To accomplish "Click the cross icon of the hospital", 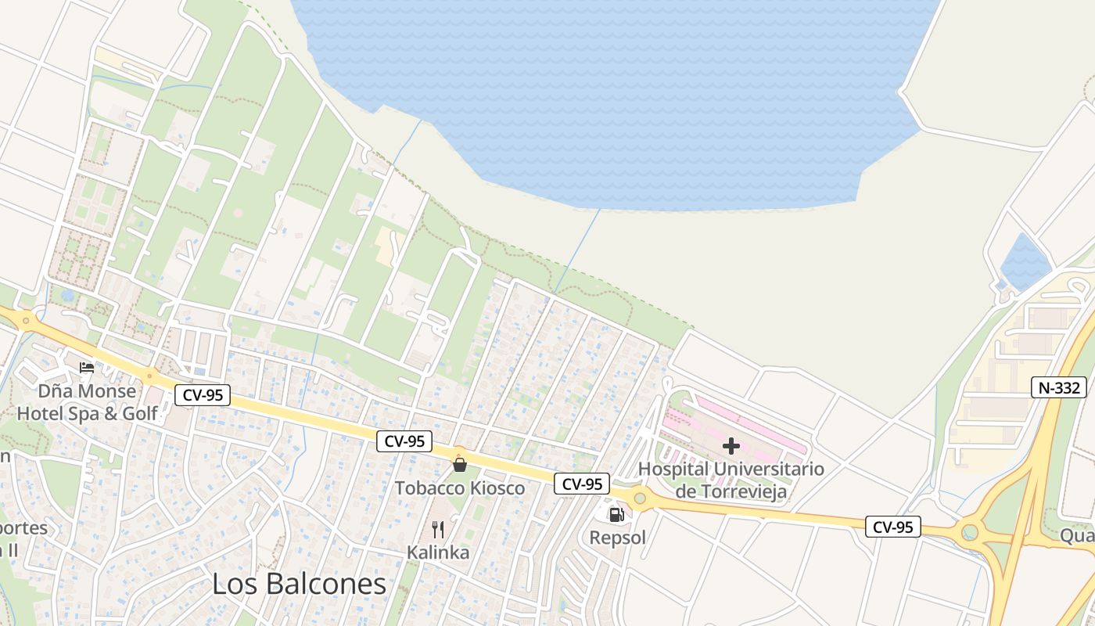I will coord(731,446).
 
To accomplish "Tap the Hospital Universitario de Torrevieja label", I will coord(731,480).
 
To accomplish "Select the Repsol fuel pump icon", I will coord(617,514).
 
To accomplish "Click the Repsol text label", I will coord(618,538).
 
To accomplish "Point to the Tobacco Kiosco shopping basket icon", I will coord(460,465).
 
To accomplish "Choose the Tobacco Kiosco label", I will coord(460,488).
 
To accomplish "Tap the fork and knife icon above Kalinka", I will coord(438,530).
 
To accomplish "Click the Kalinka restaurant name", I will coord(438,552).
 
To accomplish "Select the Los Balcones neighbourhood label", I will coord(300,584).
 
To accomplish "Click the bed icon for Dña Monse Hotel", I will coord(87,367).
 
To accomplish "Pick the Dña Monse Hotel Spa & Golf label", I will coord(88,402).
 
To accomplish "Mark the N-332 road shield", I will coord(1059,387).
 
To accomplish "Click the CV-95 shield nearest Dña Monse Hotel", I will coord(203,395).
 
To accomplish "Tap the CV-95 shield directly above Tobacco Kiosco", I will coord(405,441).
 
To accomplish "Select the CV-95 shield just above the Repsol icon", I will coord(582,484).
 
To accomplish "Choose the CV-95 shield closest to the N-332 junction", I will coord(893,527).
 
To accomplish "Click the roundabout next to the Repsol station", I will coord(641,498).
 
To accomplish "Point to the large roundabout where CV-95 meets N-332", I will coord(970,533).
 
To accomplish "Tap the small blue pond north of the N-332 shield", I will coord(1025,261).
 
